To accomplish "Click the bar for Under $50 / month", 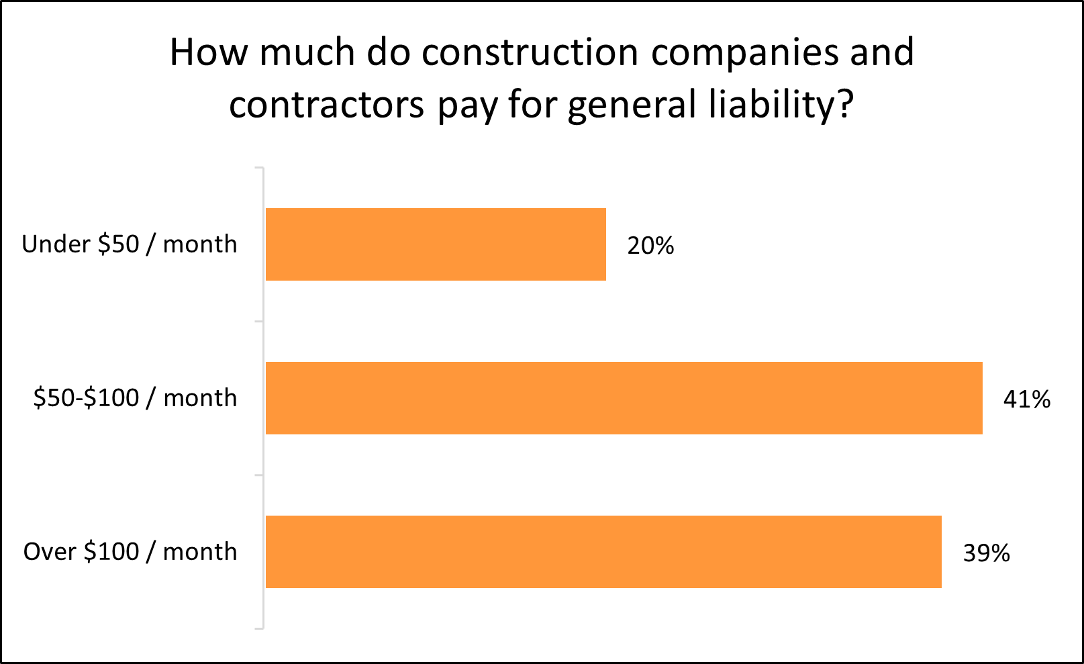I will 436,244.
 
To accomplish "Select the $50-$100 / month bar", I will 624,398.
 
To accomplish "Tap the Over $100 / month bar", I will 603,552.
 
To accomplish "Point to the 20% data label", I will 650,246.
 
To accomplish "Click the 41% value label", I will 1026,399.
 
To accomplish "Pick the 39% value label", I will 986,553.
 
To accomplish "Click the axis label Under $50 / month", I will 130,244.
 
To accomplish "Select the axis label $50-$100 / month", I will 135,398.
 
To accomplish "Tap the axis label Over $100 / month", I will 130,552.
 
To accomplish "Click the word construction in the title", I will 530,52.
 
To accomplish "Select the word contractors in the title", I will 327,105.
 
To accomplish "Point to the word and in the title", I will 882,52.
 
